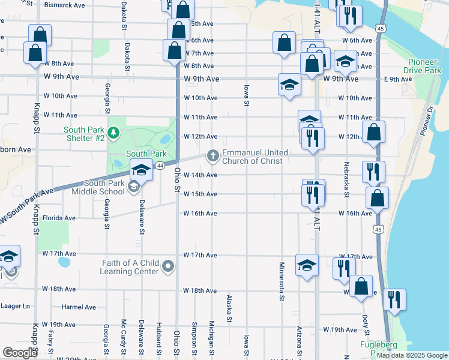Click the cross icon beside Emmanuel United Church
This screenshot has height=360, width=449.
click(x=212, y=156)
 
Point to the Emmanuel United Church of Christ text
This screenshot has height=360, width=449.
click(x=255, y=157)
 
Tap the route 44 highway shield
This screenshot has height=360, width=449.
click(x=160, y=166)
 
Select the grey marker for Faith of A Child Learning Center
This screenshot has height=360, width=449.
click(x=169, y=266)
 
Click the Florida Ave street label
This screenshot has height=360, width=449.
click(x=59, y=218)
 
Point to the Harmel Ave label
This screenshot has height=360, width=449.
click(x=79, y=307)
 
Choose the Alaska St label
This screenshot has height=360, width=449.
click(x=229, y=308)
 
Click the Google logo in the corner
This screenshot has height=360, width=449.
click(x=20, y=353)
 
